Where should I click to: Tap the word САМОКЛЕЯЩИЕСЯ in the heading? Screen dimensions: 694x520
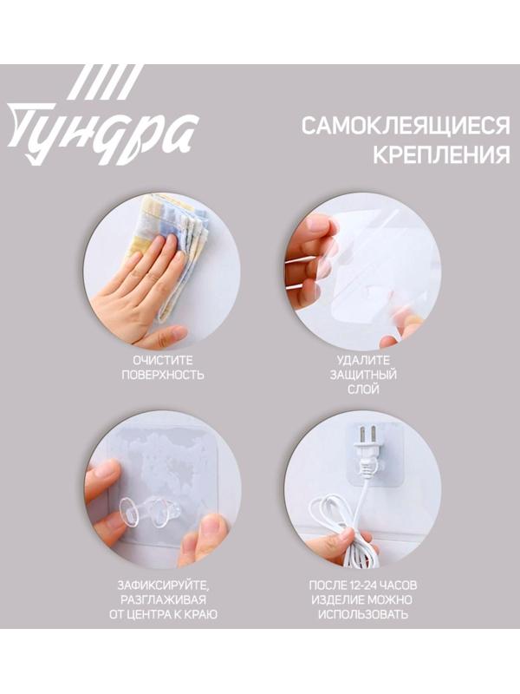click(x=405, y=127)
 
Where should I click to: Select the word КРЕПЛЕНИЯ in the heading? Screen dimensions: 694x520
click(x=441, y=157)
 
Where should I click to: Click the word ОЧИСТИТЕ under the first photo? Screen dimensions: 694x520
click(x=162, y=359)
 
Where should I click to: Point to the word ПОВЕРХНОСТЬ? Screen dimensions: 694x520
click(x=162, y=375)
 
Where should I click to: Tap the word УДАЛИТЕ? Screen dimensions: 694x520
click(x=362, y=359)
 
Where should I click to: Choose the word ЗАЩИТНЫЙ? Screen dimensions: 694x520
click(x=362, y=375)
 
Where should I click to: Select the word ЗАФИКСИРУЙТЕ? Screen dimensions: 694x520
click(x=162, y=584)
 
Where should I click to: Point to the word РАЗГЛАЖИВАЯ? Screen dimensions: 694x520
click(x=162, y=599)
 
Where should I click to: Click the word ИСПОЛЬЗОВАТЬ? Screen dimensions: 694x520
click(x=362, y=615)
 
